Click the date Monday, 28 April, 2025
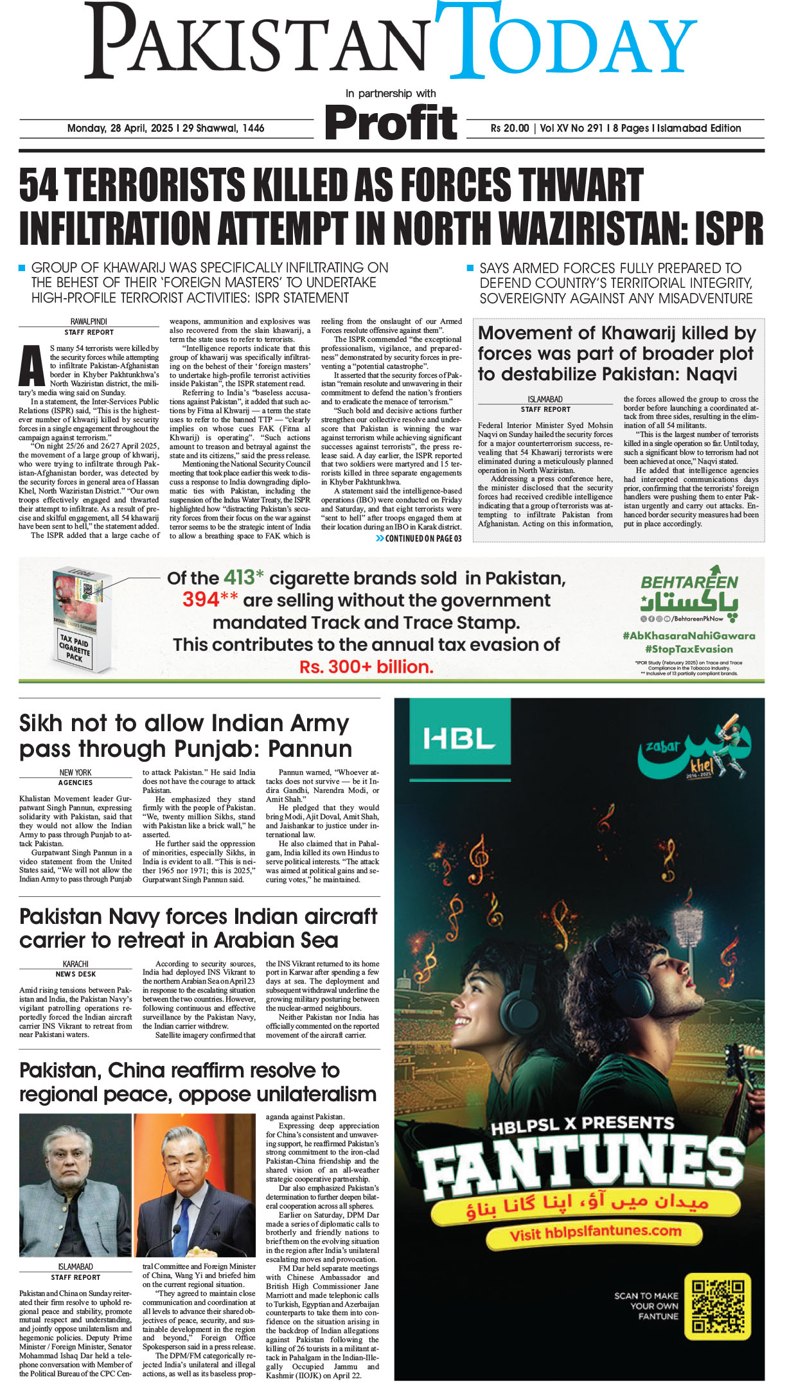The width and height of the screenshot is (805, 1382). pyautogui.click(x=120, y=128)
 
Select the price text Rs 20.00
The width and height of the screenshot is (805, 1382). pyautogui.click(x=509, y=128)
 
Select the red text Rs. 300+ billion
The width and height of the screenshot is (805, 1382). pyautogui.click(x=366, y=667)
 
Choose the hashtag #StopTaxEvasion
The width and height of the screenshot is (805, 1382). pyautogui.click(x=689, y=649)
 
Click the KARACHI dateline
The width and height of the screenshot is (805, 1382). pyautogui.click(x=76, y=964)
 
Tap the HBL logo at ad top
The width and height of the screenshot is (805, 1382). pyautogui.click(x=458, y=739)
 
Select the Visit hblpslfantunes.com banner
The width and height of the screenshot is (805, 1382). pyautogui.click(x=595, y=1232)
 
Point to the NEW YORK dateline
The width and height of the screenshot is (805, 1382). pyautogui.click(x=76, y=772)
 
